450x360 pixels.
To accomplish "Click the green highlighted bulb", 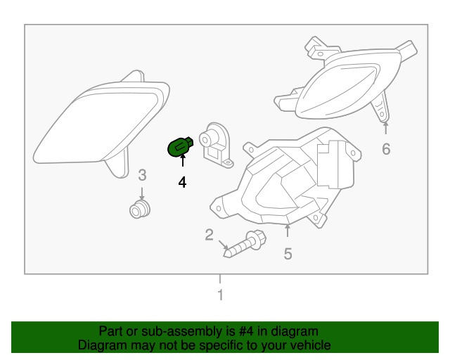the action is [180, 147].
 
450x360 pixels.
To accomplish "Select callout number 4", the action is [182, 183].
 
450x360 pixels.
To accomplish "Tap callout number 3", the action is [142, 175].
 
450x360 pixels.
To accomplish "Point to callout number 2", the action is [210, 235].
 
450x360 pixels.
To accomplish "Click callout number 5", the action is [288, 254].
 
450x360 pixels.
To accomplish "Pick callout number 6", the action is [386, 149].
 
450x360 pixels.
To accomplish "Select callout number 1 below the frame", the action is [220, 295].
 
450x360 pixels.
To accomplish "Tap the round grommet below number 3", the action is [140, 210].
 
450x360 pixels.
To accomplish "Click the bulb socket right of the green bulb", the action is [216, 145].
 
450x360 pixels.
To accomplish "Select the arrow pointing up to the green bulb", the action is [183, 160].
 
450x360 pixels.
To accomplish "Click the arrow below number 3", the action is [141, 193].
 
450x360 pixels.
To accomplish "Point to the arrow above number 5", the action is [288, 231].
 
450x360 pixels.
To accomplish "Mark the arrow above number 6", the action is [386, 128].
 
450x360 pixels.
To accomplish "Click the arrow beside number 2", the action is [224, 245].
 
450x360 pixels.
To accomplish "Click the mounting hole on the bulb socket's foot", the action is [228, 163].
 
